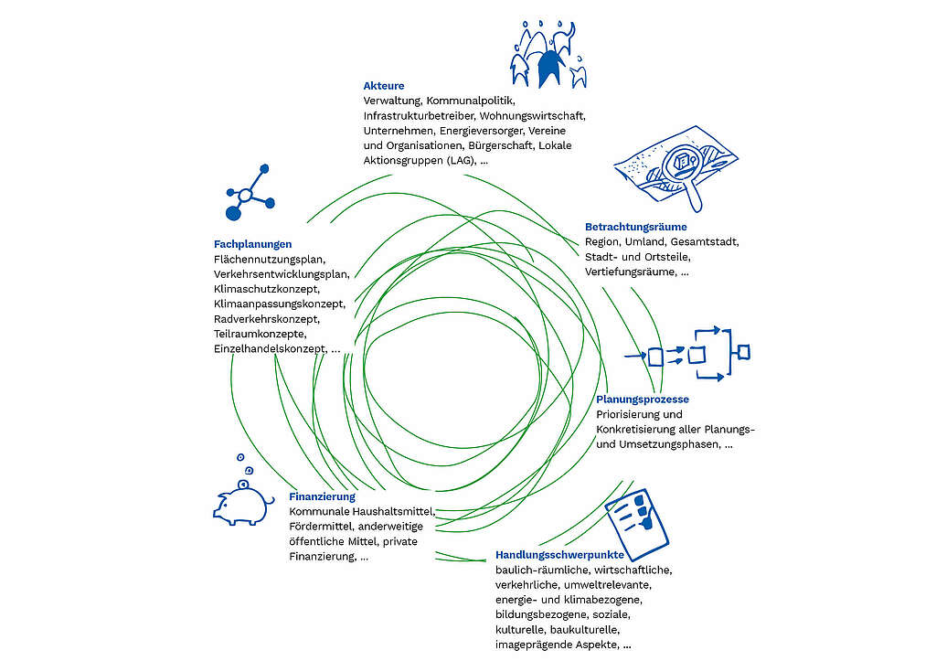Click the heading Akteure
point(383,86)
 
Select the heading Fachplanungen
point(252,244)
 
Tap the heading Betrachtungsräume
point(636,227)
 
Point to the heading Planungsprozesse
point(643,400)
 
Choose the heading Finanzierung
point(323,496)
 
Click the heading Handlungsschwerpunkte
point(559,555)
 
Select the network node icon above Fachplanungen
point(250,192)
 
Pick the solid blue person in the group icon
point(549,67)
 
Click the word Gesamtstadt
point(704,242)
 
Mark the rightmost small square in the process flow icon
point(743,352)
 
